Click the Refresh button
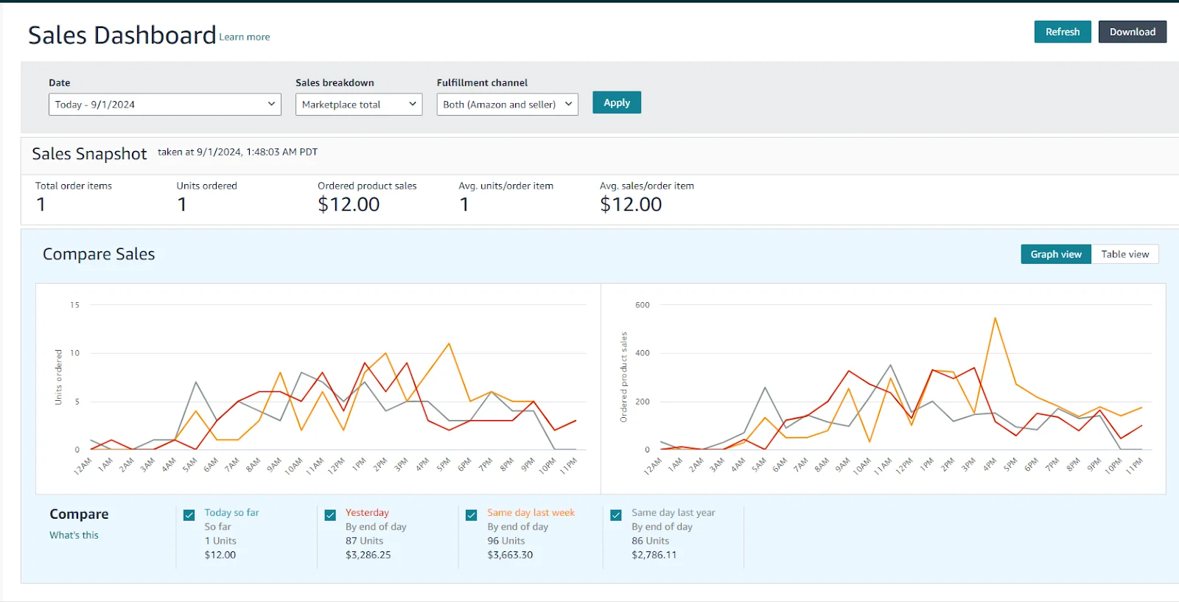[x=1062, y=32]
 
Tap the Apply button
[x=617, y=102]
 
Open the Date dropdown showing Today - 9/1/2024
[x=164, y=105]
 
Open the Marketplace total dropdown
[x=358, y=105]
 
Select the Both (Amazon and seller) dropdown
[x=507, y=105]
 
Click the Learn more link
[x=245, y=37]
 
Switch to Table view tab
[x=1124, y=254]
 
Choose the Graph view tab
[x=1055, y=254]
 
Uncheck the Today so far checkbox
[x=189, y=515]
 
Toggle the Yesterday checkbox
[x=330, y=515]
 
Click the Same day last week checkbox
[x=472, y=515]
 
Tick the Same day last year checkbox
[x=616, y=515]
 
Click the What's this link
[x=74, y=535]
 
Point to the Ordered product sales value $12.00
[x=349, y=204]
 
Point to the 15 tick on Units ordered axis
[x=74, y=305]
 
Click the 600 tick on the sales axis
[x=643, y=305]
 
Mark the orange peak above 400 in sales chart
[x=995, y=318]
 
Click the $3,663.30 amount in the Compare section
[x=510, y=555]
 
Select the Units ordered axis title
[x=59, y=377]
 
